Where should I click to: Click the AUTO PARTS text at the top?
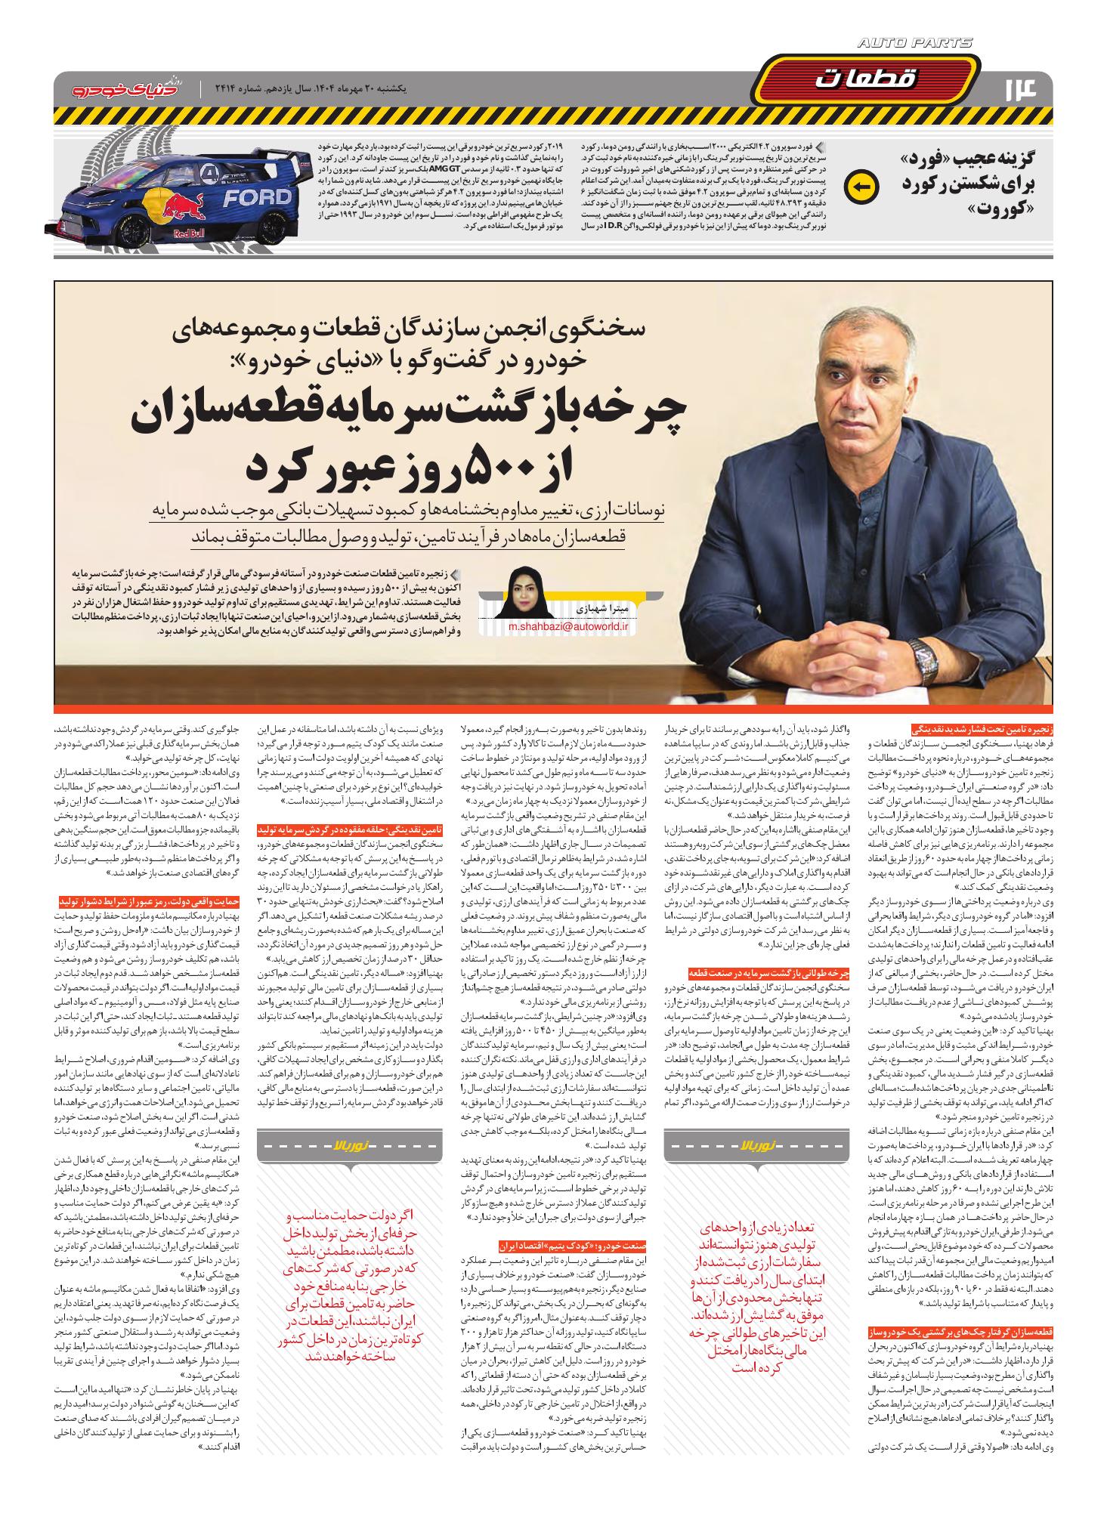(x=915, y=45)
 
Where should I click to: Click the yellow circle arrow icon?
(x=864, y=184)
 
